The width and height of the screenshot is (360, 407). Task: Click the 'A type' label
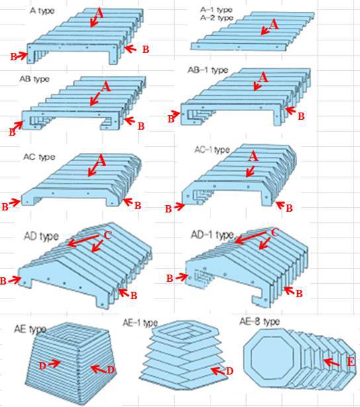point(42,11)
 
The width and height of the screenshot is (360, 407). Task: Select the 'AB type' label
point(34,79)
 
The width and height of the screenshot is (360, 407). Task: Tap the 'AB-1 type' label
point(208,70)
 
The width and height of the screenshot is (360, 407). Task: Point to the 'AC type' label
point(39,157)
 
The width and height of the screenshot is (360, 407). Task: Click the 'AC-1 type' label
point(212,150)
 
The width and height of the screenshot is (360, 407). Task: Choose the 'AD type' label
point(41,236)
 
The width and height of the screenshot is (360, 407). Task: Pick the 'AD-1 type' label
point(212,235)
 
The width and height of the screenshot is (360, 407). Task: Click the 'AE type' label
point(30,329)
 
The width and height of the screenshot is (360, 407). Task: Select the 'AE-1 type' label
point(140,323)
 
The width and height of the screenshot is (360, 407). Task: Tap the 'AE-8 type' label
point(259,322)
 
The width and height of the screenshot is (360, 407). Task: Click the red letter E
point(351,362)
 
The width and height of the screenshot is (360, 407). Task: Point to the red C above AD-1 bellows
point(275,233)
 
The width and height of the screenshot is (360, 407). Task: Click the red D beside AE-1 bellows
point(230,371)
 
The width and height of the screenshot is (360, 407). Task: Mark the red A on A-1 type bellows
point(274,25)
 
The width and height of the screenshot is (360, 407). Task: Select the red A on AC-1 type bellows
point(253,156)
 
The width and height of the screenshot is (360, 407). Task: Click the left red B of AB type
point(12,132)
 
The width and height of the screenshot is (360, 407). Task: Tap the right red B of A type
point(146,50)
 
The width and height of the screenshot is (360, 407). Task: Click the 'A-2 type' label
point(216,18)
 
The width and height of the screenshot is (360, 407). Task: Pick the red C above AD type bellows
point(108,235)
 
